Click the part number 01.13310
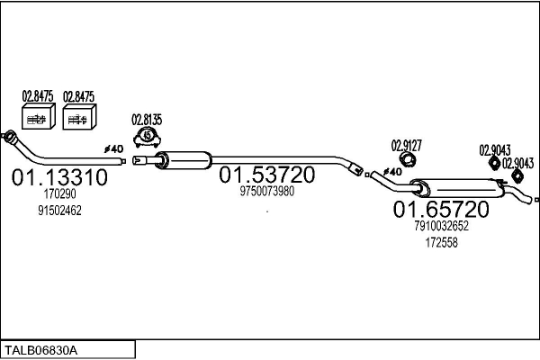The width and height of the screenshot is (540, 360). coord(59,177)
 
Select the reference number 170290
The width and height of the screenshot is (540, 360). coord(59,194)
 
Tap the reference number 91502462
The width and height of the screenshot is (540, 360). coord(59,211)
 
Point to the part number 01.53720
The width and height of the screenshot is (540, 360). coord(267,175)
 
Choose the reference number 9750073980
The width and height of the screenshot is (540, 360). coord(267,191)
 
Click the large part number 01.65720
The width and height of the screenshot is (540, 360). coord(441,209)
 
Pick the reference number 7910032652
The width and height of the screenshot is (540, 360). coord(441,226)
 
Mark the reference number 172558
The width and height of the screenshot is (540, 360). coord(441,242)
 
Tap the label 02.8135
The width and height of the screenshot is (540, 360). coord(147,120)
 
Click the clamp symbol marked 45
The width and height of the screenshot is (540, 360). coord(148,137)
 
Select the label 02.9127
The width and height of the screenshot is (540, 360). coord(407,146)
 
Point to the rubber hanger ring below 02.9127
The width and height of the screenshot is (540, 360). coord(408,159)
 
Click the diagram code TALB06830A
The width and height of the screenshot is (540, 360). coord(40,350)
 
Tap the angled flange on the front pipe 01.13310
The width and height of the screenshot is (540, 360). coord(9,136)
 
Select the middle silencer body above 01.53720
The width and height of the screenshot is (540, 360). coord(184,160)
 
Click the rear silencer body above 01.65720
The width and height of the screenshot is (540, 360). coord(457,188)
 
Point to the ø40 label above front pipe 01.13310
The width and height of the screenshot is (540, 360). coord(114,149)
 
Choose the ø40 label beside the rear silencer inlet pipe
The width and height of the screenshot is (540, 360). coord(392,171)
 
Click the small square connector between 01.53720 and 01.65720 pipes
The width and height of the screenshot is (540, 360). coord(367,175)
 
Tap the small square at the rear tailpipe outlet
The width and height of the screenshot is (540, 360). coord(536,200)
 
